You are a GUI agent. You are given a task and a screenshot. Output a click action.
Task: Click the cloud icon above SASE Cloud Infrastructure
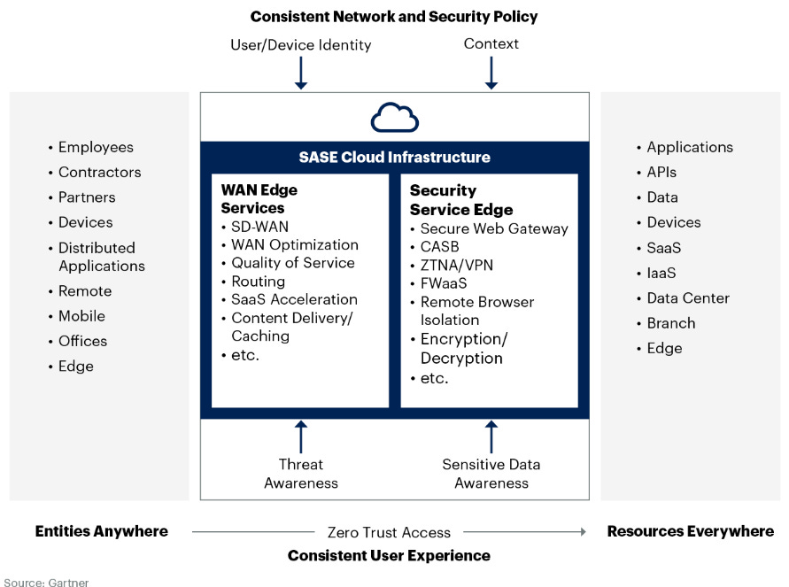[394, 117]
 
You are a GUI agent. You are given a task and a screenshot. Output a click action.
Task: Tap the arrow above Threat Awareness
[301, 436]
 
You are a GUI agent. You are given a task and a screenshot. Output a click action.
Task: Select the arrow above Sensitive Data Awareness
[491, 436]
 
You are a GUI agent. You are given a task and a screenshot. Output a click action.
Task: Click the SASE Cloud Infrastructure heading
[394, 158]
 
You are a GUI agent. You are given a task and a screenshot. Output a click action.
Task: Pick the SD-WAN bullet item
[259, 227]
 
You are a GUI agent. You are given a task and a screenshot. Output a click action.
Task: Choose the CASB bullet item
[440, 247]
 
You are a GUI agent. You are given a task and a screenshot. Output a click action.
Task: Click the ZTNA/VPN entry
[457, 265]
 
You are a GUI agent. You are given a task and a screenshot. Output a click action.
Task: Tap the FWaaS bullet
[444, 283]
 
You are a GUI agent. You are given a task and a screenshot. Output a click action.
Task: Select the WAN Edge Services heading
[259, 199]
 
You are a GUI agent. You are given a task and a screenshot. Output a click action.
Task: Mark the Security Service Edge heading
[460, 200]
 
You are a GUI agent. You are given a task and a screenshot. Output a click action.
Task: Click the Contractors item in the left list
[99, 173]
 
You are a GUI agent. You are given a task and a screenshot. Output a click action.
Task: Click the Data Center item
[688, 298]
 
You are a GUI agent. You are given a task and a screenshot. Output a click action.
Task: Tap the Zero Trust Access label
[389, 532]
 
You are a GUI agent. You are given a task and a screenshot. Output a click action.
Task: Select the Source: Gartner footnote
[46, 582]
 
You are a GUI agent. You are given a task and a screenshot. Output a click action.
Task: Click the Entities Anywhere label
[101, 531]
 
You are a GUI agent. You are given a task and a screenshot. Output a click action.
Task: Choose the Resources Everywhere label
[690, 531]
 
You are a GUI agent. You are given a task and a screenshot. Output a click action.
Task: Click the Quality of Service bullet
[292, 263]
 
